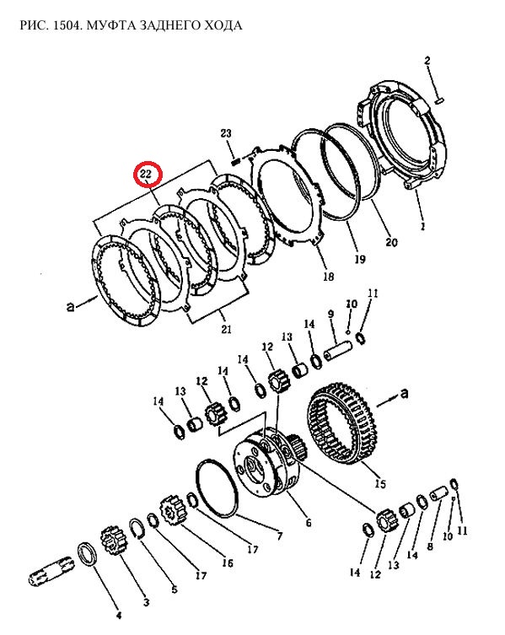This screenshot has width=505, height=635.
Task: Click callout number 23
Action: (x=226, y=133)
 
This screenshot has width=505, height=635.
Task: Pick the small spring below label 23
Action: (x=236, y=161)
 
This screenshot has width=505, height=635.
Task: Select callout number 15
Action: (x=380, y=483)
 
